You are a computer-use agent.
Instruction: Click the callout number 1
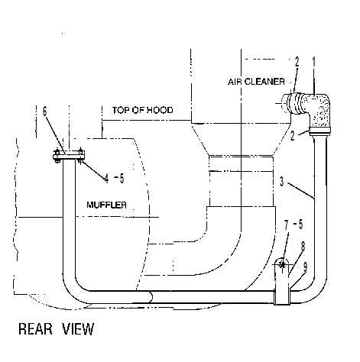(x=314, y=62)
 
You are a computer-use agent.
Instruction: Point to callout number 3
(x=281, y=181)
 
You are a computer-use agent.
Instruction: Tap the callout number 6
(x=45, y=111)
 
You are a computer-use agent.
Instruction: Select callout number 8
(x=303, y=246)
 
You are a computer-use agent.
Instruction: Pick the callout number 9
(x=306, y=267)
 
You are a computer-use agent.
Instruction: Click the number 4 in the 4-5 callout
(x=106, y=179)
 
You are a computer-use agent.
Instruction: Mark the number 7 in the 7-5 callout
(x=287, y=225)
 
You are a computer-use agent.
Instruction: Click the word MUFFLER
(x=106, y=205)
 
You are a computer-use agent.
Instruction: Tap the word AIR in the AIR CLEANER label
(x=235, y=82)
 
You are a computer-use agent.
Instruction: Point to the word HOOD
(x=160, y=110)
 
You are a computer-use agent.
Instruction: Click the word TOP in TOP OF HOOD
(x=121, y=110)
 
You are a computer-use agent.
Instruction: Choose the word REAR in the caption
(x=35, y=329)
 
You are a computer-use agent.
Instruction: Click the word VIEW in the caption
(x=78, y=329)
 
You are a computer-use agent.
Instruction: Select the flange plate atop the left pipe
(x=69, y=157)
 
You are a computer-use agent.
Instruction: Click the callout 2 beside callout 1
(x=297, y=62)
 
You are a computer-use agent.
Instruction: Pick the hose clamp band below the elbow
(x=320, y=131)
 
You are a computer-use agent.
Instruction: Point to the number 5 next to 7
(x=300, y=225)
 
